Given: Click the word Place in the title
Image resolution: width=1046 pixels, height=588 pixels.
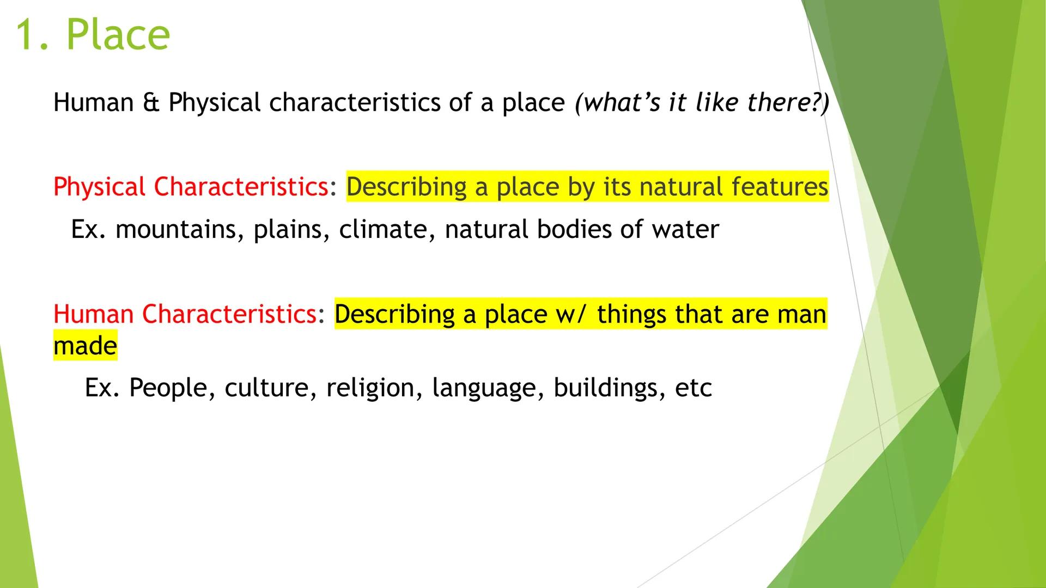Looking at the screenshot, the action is (118, 35).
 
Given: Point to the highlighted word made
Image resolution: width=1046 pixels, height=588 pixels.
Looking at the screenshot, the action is (85, 346).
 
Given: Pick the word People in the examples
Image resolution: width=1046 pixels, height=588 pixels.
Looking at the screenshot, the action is (168, 388).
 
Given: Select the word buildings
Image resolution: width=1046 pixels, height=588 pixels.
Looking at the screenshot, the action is (610, 388).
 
